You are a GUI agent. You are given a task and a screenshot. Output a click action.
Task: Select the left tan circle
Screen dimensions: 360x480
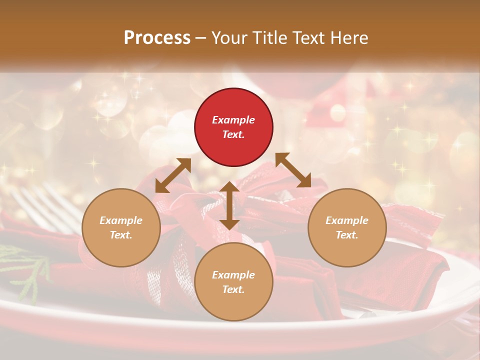(121, 227)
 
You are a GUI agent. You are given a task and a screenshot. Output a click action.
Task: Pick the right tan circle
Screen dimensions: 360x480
(347, 227)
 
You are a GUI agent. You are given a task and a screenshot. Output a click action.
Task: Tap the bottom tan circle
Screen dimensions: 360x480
(233, 282)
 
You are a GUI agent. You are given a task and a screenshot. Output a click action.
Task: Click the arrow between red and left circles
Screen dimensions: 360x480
(173, 175)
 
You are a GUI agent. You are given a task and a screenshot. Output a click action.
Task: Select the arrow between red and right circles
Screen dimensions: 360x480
(293, 170)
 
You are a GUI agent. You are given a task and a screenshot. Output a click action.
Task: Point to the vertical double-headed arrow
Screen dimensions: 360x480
(229, 205)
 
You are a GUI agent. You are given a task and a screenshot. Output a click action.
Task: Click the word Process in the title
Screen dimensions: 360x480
(157, 37)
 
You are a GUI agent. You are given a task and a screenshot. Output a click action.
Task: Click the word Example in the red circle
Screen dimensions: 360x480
(233, 120)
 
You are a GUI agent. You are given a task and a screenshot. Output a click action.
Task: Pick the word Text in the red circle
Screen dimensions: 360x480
(233, 134)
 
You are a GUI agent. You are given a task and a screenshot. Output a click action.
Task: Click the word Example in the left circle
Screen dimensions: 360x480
(121, 220)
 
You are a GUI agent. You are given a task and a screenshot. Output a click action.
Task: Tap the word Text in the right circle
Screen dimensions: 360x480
(347, 235)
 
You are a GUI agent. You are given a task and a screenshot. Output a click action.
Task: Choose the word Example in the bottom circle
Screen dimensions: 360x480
(233, 275)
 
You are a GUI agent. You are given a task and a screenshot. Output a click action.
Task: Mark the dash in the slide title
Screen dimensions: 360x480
(201, 38)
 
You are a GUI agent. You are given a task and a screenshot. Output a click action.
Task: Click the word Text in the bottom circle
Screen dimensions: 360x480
(233, 289)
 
